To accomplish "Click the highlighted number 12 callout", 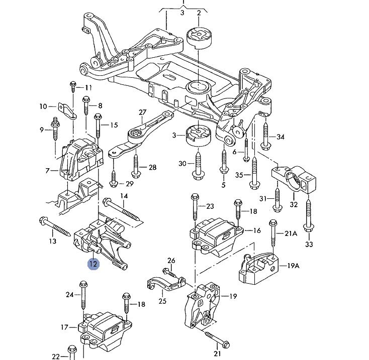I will pyautogui.click(x=94, y=263).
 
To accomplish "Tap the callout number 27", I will pyautogui.click(x=142, y=112).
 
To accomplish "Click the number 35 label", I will pyautogui.click(x=239, y=175).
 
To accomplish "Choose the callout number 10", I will pyautogui.click(x=43, y=106).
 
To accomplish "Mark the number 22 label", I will pyautogui.click(x=56, y=356).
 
